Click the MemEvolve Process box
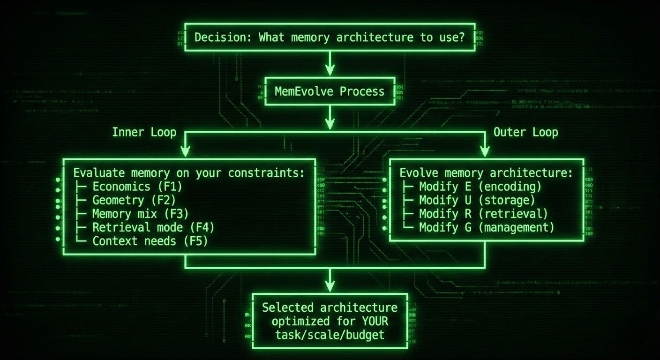(330, 91)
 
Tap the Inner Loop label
(144, 132)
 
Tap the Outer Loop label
(525, 132)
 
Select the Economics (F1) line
(137, 187)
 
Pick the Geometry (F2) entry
(134, 200)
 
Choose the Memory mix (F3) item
(140, 214)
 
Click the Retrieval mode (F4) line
(153, 227)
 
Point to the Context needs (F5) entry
(150, 241)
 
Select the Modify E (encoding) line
(480, 187)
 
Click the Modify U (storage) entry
(477, 200)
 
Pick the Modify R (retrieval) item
(483, 214)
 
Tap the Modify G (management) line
(487, 227)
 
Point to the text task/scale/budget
(330, 335)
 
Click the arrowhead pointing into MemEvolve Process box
(330, 70)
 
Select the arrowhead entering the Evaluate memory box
(186, 151)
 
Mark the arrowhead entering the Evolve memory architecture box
(485, 151)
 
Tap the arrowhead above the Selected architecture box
(330, 285)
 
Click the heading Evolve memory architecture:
(486, 173)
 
